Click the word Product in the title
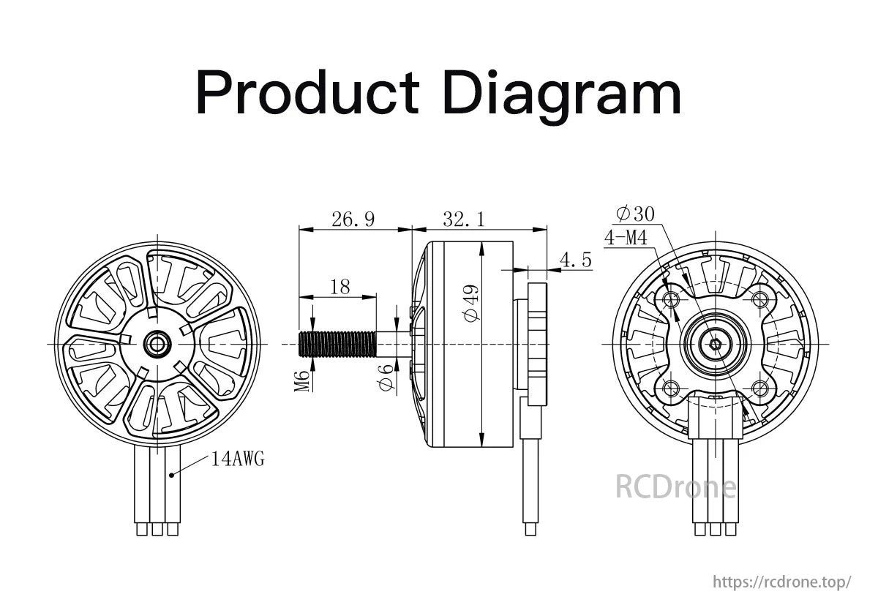[308, 92]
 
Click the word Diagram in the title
[562, 97]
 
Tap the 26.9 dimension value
[353, 219]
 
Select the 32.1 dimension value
[464, 219]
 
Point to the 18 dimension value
[339, 288]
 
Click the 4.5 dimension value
[575, 260]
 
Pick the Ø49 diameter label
[470, 304]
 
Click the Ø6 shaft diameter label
[386, 378]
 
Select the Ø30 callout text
[635, 214]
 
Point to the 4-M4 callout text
[626, 238]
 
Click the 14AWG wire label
[238, 459]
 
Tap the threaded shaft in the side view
[337, 344]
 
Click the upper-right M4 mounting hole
[760, 300]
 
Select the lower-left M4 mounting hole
[671, 388]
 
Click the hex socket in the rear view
[716, 345]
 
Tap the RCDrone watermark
[676, 487]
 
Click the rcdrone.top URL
[782, 582]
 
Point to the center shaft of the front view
[157, 344]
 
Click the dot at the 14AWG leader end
[171, 476]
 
